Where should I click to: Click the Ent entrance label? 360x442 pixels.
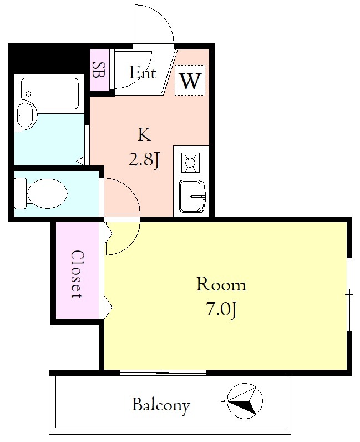click(x=143, y=72)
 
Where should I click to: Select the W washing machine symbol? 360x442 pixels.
click(x=190, y=81)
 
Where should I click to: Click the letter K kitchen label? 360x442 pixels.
click(x=144, y=134)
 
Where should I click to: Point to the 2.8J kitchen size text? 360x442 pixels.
click(x=144, y=160)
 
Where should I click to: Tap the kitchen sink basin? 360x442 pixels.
click(x=192, y=196)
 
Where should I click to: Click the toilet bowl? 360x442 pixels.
click(x=47, y=193)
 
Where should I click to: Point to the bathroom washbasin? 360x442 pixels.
click(x=26, y=115)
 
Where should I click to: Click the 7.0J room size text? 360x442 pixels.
click(x=221, y=310)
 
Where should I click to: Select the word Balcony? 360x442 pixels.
click(x=161, y=405)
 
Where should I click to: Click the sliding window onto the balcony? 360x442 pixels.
click(x=163, y=373)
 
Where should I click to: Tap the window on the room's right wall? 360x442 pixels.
click(x=349, y=294)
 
